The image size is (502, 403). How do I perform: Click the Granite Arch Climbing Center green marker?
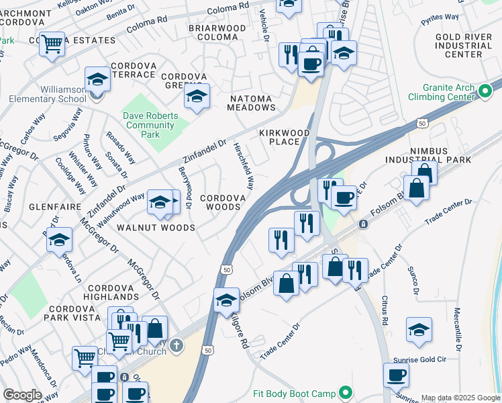pyautogui.click(x=487, y=95)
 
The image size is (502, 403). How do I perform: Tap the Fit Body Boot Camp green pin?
pyautogui.click(x=346, y=392)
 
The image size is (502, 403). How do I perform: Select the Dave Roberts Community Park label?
pyautogui.click(x=150, y=125)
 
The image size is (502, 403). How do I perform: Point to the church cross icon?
pyautogui.click(x=176, y=345)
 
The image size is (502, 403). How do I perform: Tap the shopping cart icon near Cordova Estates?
pyautogui.click(x=52, y=44)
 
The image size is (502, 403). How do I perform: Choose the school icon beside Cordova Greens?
pyautogui.click(x=197, y=97)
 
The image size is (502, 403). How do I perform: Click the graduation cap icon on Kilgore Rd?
pyautogui.click(x=227, y=300)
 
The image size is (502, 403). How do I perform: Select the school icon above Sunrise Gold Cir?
pyautogui.click(x=419, y=330)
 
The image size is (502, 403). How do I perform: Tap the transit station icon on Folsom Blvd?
pyautogui.click(x=363, y=224)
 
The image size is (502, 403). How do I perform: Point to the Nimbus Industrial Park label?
pyautogui.click(x=428, y=154)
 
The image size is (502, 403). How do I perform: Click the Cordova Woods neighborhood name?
pyautogui.click(x=221, y=202)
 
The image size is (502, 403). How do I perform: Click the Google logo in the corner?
pyautogui.click(x=22, y=395)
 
